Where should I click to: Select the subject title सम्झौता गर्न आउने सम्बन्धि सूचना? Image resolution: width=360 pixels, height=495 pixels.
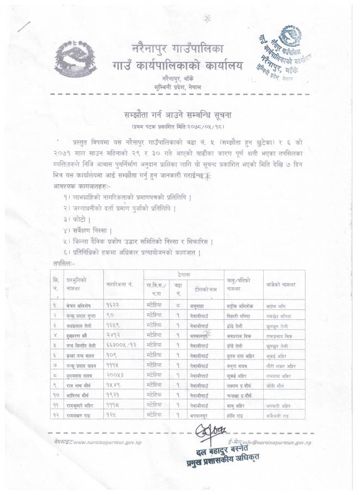179,117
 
